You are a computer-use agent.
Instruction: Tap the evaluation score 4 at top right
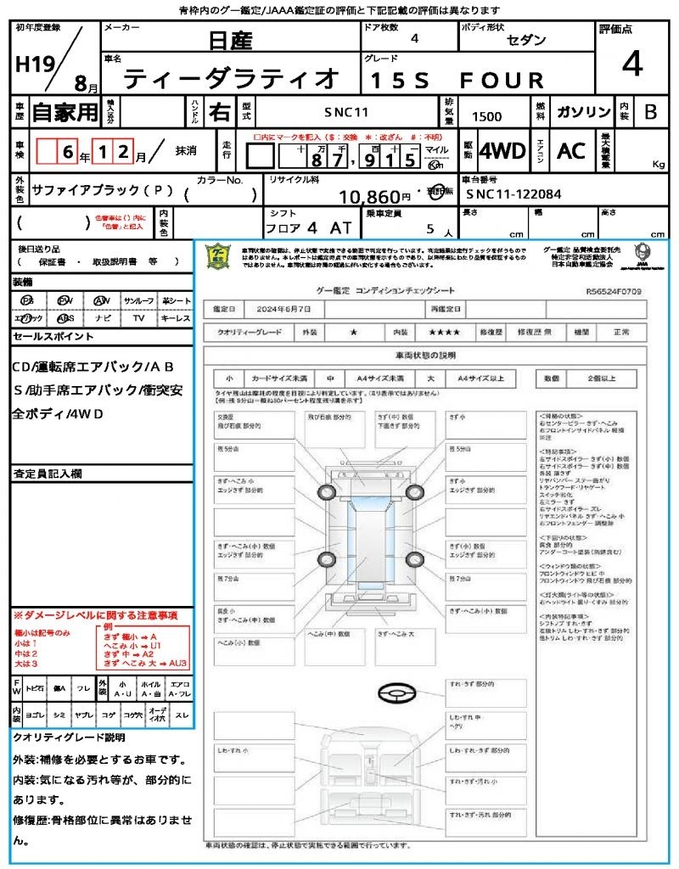[631, 64]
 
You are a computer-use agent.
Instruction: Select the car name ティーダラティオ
[231, 79]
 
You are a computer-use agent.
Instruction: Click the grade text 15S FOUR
[455, 81]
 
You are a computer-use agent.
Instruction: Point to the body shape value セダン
[526, 40]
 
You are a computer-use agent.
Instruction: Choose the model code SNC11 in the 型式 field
[345, 111]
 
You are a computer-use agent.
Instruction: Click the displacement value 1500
[486, 117]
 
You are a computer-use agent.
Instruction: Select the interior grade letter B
[650, 112]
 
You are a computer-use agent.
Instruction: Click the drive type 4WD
[502, 151]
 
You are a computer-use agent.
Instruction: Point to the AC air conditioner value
[571, 151]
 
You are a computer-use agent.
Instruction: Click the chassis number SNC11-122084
[513, 193]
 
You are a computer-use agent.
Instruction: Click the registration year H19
[33, 64]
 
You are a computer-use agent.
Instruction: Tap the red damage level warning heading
[95, 614]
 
